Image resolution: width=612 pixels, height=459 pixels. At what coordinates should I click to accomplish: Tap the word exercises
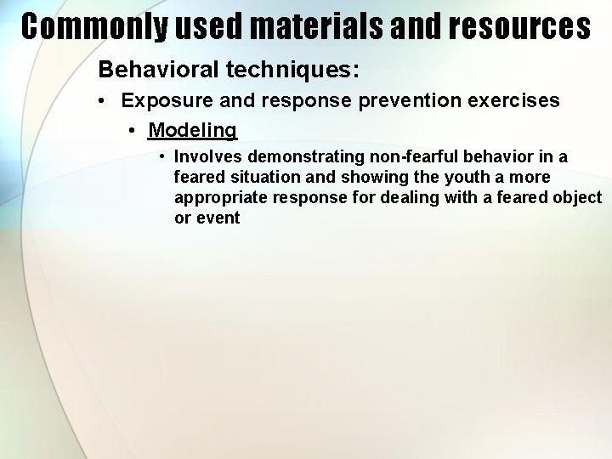point(517,100)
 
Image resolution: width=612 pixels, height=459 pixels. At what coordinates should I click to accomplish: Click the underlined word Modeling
point(192,130)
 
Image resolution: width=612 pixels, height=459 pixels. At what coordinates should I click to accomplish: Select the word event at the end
point(218,218)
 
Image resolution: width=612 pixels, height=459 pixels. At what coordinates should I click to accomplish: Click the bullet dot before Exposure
point(101,101)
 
